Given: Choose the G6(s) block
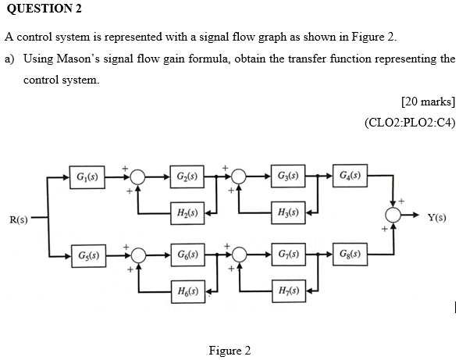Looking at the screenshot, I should click(x=186, y=255).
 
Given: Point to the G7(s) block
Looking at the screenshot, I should click(x=286, y=255).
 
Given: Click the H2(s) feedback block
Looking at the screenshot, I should click(x=186, y=212).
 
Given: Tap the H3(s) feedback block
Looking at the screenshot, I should click(x=286, y=212).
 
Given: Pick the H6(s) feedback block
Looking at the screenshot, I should click(x=186, y=291).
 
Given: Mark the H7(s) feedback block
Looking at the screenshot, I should click(x=286, y=291).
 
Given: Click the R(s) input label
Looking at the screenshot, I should click(x=18, y=219).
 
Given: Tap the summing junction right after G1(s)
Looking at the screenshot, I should click(x=138, y=176).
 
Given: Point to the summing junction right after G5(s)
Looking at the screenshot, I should click(x=138, y=255).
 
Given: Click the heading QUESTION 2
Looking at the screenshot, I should click(x=43, y=9).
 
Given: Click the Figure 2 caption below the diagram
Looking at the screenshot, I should click(x=229, y=350).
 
